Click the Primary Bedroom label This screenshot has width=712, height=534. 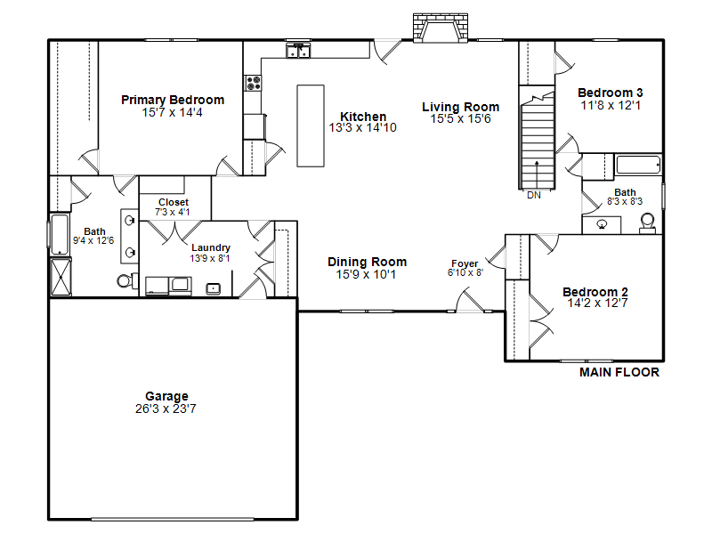(173, 100)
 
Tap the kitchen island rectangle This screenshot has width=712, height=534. (311, 125)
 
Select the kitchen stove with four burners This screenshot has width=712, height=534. (253, 83)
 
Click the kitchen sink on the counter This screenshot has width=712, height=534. (298, 52)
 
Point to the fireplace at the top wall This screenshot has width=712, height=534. (440, 28)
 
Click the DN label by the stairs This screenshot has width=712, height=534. (534, 195)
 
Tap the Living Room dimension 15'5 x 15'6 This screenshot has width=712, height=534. (460, 119)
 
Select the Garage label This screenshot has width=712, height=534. (166, 396)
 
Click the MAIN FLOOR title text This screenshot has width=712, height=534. (619, 372)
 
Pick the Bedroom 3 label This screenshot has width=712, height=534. (611, 93)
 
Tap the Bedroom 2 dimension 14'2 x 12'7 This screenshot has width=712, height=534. (597, 303)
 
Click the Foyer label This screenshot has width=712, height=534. (465, 263)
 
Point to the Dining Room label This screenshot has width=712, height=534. (367, 262)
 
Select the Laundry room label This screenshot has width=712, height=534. (211, 248)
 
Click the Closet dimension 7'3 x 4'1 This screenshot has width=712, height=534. (173, 212)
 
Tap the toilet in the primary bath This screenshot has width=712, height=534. (127, 280)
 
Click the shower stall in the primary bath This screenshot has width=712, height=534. (61, 277)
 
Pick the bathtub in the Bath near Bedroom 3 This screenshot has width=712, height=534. (638, 165)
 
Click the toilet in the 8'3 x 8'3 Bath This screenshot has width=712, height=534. (648, 223)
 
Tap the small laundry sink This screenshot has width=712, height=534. (213, 288)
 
